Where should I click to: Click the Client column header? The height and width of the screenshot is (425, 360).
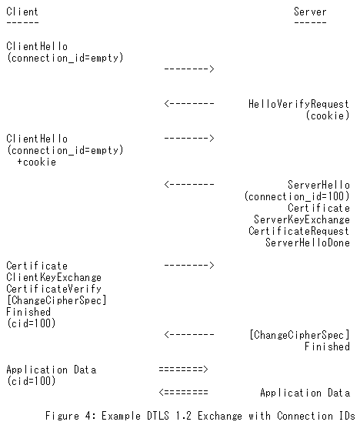pyautogui.click(x=22, y=12)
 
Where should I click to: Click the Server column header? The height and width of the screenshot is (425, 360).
pyautogui.click(x=310, y=12)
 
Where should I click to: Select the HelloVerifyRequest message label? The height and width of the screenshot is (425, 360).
pyautogui.click(x=298, y=104)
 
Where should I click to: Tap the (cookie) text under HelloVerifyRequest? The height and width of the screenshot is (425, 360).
pyautogui.click(x=328, y=115)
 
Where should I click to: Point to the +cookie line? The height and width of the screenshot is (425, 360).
pyautogui.click(x=37, y=162)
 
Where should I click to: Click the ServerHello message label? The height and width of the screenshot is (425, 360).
pyautogui.click(x=318, y=185)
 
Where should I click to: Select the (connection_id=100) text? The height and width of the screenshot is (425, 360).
pyautogui.click(x=297, y=196)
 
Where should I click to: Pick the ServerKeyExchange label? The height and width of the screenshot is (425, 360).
pyautogui.click(x=302, y=219)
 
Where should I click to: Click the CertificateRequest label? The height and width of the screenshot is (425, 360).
pyautogui.click(x=299, y=231)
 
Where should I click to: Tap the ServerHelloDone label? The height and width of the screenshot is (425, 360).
pyautogui.click(x=308, y=243)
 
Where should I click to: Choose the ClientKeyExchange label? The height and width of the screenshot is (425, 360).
pyautogui.click(x=54, y=277)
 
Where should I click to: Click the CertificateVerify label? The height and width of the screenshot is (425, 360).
pyautogui.click(x=54, y=289)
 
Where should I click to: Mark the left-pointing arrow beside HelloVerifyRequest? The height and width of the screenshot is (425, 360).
pyautogui.click(x=189, y=103)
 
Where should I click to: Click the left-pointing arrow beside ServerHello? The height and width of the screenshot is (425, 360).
pyautogui.click(x=189, y=184)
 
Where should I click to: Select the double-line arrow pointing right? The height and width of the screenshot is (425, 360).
pyautogui.click(x=183, y=369)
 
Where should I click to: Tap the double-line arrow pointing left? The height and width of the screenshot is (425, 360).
pyautogui.click(x=183, y=392)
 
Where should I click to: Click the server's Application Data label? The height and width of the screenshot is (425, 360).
pyautogui.click(x=305, y=393)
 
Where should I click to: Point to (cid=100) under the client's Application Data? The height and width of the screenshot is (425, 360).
pyautogui.click(x=31, y=381)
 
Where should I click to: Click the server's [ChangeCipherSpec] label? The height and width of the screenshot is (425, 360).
pyautogui.click(x=299, y=335)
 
